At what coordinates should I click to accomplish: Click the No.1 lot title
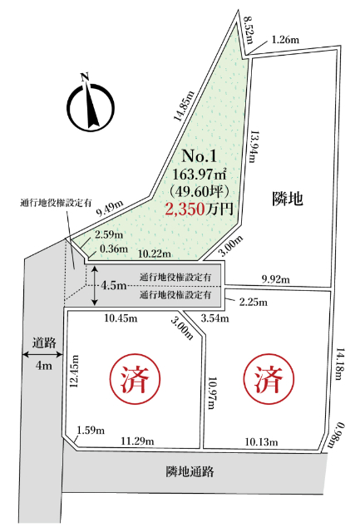200,155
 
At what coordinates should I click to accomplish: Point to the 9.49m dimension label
109,208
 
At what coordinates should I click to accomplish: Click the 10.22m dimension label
155,253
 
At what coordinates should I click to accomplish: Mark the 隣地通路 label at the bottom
190,472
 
